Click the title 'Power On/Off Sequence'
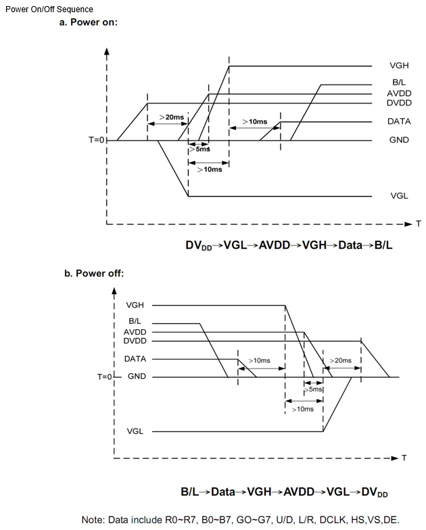pyautogui.click(x=49, y=9)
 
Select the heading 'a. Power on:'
pyautogui.click(x=89, y=22)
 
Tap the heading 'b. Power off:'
pyautogui.click(x=94, y=274)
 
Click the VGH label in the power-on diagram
pyautogui.click(x=399, y=66)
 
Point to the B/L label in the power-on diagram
pyautogui.click(x=399, y=82)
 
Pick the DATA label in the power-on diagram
pyautogui.click(x=399, y=122)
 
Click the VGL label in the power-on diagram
pyautogui.click(x=399, y=196)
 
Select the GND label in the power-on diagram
pyautogui.click(x=399, y=140)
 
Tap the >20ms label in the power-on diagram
pyautogui.click(x=171, y=118)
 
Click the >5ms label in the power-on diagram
pyautogui.click(x=202, y=149)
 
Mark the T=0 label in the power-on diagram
pyautogui.click(x=97, y=140)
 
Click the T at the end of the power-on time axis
pyautogui.click(x=417, y=223)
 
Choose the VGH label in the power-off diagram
pyautogui.click(x=135, y=306)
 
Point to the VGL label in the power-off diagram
pyautogui.click(x=135, y=431)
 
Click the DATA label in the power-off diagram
pyautogui.click(x=135, y=359)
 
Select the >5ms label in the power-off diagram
pyautogui.click(x=314, y=389)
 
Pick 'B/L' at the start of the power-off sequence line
pyautogui.click(x=191, y=492)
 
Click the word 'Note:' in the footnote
pyautogui.click(x=94, y=520)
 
